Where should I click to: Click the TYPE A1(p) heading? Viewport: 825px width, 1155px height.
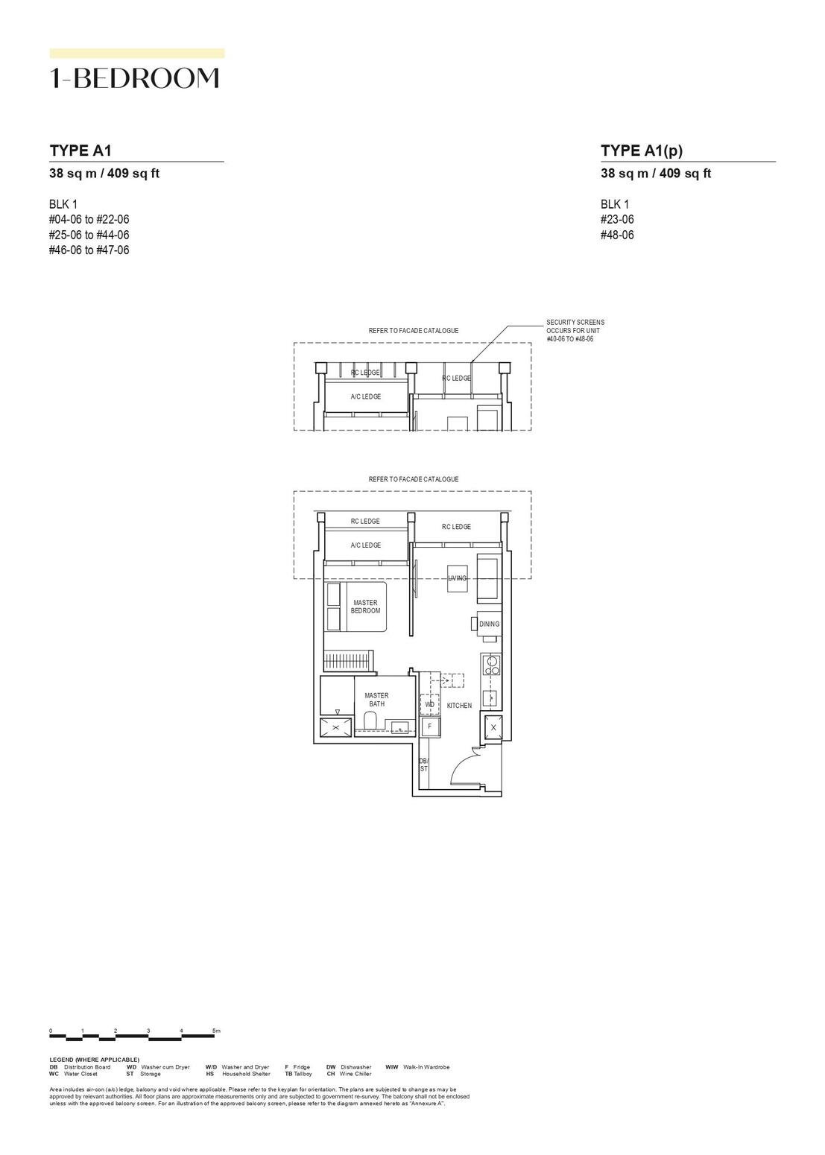click(x=642, y=151)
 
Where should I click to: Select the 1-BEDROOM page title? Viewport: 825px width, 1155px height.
click(x=135, y=78)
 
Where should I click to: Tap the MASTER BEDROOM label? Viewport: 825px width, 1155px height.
click(x=365, y=607)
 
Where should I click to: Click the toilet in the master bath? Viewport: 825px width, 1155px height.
click(x=370, y=721)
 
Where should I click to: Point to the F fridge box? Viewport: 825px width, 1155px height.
click(x=430, y=727)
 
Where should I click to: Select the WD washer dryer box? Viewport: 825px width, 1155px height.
click(x=429, y=704)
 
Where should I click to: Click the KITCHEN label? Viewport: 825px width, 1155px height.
click(x=459, y=705)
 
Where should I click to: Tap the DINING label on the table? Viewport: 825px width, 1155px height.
click(x=489, y=624)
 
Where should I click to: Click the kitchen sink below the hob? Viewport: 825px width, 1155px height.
click(x=491, y=697)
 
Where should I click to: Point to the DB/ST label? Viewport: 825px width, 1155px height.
click(x=423, y=765)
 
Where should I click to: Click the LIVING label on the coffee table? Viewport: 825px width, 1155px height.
click(x=458, y=578)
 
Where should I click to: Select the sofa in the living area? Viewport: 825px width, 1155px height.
click(x=489, y=577)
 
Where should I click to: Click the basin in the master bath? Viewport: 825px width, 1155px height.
click(x=399, y=727)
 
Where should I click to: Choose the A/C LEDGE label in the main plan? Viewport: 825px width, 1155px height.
click(x=365, y=545)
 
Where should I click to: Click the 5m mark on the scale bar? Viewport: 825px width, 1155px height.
click(x=216, y=1031)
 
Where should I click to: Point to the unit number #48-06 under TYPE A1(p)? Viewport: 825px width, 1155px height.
click(x=618, y=235)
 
